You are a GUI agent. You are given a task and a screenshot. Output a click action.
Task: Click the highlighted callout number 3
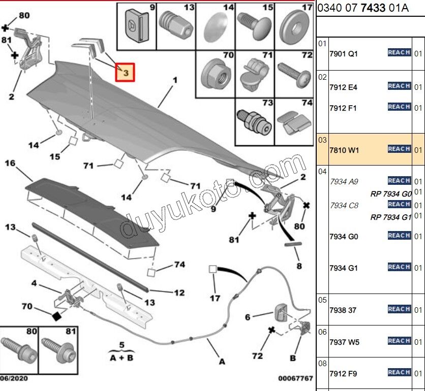coord(126,73)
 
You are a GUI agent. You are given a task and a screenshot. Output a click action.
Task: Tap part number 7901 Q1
coord(344,53)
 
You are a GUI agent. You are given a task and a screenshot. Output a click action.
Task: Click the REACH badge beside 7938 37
coord(399,309)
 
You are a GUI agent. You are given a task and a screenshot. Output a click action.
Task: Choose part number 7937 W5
coord(344,342)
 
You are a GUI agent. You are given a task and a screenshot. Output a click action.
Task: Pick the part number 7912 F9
coord(343,374)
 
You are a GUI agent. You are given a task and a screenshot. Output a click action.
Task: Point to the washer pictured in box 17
coord(294,25)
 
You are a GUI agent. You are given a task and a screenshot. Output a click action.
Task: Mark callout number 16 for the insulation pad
coord(10,163)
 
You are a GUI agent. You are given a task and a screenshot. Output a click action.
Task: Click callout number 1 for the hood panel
coord(175,80)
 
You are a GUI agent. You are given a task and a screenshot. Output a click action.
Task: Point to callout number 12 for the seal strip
coord(179,293)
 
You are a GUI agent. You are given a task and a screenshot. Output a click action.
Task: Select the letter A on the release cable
coord(222,362)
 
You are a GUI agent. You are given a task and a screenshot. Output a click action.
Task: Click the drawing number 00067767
coord(295,378)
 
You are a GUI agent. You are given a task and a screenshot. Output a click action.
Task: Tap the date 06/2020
coord(14,378)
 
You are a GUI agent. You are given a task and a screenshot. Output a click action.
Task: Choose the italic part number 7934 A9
coord(344,181)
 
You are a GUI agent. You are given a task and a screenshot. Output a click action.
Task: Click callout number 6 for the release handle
coord(248,317)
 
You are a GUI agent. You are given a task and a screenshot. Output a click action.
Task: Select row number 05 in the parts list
coord(322,300)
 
